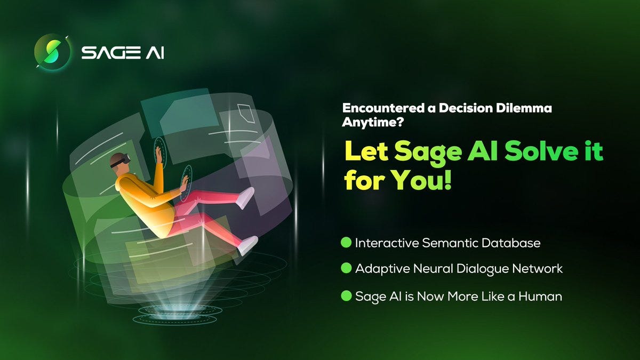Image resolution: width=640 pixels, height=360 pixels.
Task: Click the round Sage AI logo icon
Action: (52, 52)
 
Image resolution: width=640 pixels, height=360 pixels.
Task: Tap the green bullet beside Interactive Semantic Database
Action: (346, 243)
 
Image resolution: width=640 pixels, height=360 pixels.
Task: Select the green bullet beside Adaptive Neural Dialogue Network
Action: (346, 269)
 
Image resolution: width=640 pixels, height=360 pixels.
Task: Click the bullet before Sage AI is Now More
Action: (346, 295)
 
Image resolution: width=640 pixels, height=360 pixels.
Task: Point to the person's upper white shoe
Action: (245, 198)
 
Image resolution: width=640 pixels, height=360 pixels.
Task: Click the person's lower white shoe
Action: (248, 245)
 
